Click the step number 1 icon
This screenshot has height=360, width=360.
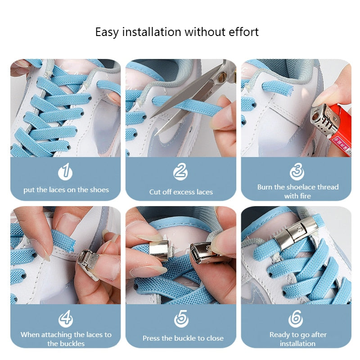click(66, 172)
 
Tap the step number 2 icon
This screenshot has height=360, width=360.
click(180, 172)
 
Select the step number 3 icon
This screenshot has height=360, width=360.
click(297, 172)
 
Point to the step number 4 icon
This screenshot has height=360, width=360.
click(66, 319)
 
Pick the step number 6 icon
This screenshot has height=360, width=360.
click(296, 319)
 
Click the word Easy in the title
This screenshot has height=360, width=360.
click(107, 32)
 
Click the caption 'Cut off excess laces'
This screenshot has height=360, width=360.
click(181, 192)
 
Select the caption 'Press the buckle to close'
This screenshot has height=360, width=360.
click(183, 338)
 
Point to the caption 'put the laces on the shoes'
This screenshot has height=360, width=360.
click(66, 190)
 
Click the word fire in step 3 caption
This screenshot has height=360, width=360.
click(304, 196)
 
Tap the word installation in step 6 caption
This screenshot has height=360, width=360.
click(297, 343)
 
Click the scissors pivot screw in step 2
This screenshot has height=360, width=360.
click(221, 77)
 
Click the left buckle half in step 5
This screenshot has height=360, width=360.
click(158, 250)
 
